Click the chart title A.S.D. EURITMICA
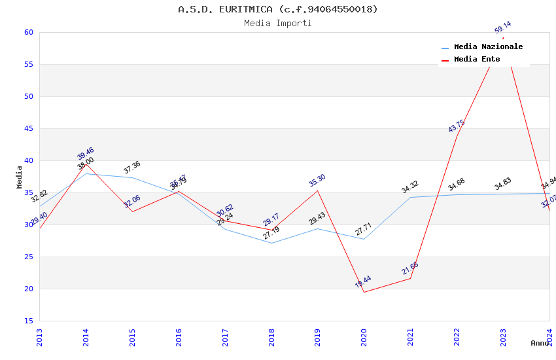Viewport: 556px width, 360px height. [x=278, y=9]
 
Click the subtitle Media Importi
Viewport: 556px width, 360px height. [x=278, y=24]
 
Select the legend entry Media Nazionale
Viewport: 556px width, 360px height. [x=488, y=47]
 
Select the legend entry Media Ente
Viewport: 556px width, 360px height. [x=477, y=60]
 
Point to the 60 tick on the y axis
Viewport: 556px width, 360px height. [x=27, y=33]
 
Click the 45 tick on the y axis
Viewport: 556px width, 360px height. [x=27, y=129]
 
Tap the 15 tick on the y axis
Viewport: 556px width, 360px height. [x=27, y=321]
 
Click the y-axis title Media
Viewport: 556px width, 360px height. [x=20, y=177]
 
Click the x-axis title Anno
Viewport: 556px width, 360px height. [x=540, y=343]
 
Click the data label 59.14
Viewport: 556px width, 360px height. [x=503, y=27]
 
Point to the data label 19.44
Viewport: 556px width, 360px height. [x=363, y=282]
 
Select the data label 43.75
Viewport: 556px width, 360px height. [x=457, y=126]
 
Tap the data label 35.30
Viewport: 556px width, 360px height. [x=317, y=181]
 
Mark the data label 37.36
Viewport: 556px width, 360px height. [x=132, y=168]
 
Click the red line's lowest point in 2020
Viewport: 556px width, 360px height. [x=364, y=292]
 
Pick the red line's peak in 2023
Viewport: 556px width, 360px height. [x=503, y=38]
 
